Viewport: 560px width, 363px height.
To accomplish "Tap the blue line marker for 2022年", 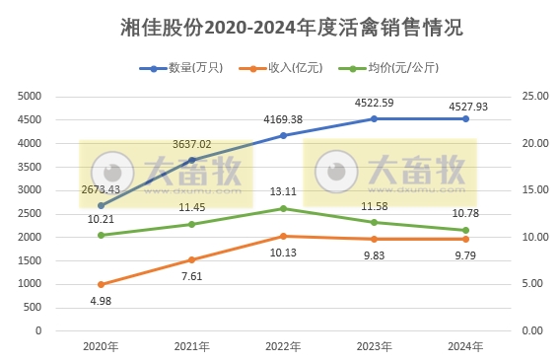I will pyautogui.click(x=283, y=135).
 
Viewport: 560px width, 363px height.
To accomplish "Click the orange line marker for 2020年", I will pyautogui.click(x=101, y=284).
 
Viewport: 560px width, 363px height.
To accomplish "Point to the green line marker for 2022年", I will pyautogui.click(x=283, y=208).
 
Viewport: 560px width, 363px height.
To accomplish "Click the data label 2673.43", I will pyautogui.click(x=100, y=188).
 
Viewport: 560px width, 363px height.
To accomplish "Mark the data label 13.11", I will pyautogui.click(x=283, y=192).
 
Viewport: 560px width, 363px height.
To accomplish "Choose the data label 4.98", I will pyautogui.click(x=101, y=301).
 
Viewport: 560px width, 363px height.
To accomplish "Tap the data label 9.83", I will pyautogui.click(x=375, y=254).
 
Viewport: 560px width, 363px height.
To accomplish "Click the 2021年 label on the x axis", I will pyautogui.click(x=191, y=346).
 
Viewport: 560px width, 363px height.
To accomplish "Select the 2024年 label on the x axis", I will pyautogui.click(x=465, y=346).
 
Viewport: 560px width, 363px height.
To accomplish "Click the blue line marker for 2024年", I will pyautogui.click(x=465, y=118).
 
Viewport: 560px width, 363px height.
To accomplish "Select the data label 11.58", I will pyautogui.click(x=375, y=205).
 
